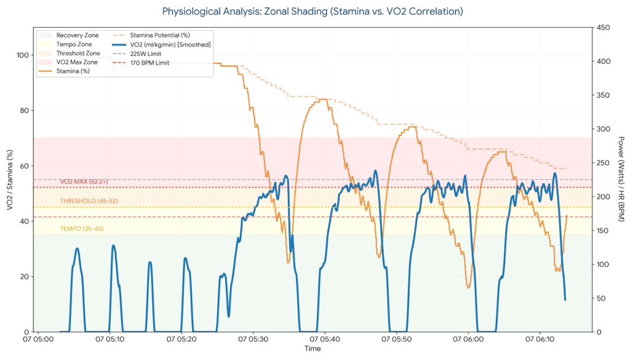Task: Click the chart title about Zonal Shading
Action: click(x=313, y=11)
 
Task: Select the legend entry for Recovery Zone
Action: click(x=77, y=35)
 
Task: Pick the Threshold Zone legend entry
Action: click(x=78, y=54)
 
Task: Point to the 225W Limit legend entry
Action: click(x=148, y=54)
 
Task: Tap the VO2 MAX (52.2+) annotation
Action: click(x=84, y=182)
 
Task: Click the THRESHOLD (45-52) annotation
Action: click(x=86, y=201)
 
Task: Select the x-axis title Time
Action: click(x=313, y=349)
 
